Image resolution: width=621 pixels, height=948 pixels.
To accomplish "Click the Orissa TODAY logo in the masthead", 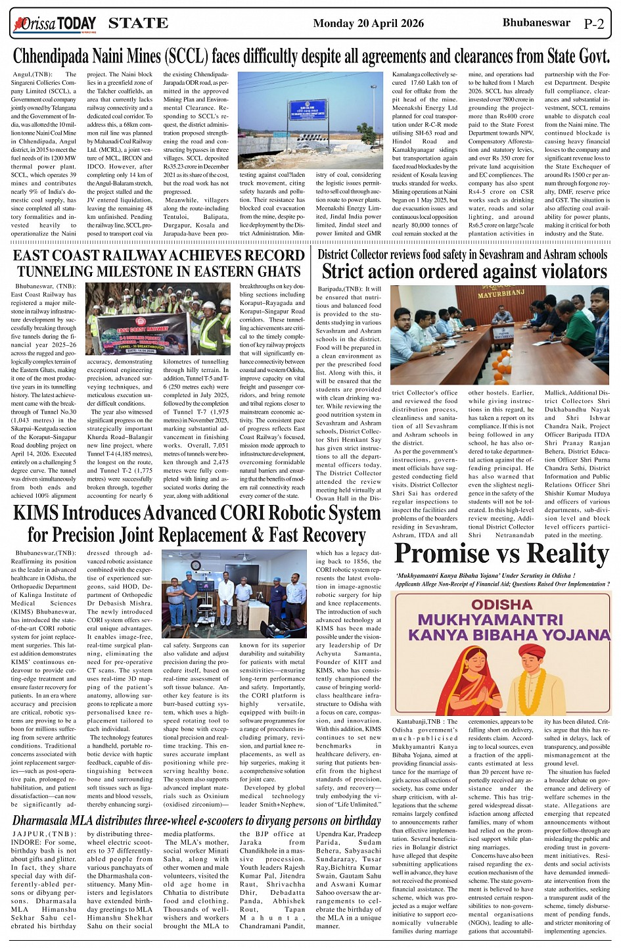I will (55, 24).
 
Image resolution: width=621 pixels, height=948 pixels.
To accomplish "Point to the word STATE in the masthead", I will (138, 24).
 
